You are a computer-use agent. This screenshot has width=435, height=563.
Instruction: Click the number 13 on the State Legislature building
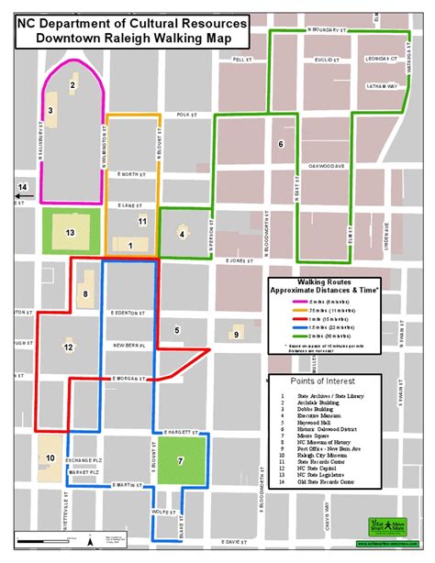[70, 232]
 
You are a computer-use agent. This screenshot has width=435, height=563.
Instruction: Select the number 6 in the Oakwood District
[282, 144]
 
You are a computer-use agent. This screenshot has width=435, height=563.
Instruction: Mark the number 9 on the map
[236, 335]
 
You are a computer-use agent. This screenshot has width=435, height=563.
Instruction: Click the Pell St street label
[241, 60]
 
